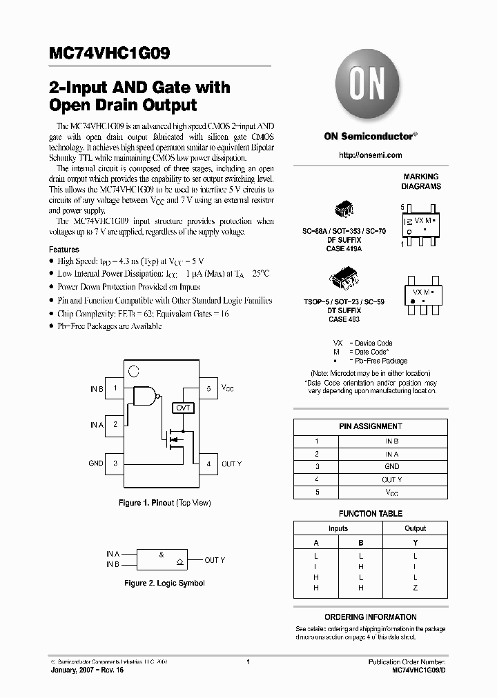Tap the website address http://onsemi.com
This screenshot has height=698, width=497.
coord(371,156)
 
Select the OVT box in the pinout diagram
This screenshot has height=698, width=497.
coord(184,408)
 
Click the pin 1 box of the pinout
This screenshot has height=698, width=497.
coord(115,389)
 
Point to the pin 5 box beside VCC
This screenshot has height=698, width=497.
coord(208,389)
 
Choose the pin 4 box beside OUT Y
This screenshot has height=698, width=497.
coord(208,463)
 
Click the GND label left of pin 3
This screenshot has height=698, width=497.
coord(95,463)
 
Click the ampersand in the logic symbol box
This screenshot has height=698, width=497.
coord(162,554)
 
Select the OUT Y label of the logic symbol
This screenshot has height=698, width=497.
coord(215,560)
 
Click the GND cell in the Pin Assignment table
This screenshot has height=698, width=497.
coord(391,466)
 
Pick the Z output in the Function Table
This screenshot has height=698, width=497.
coord(415,588)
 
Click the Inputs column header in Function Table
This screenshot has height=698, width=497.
coord(338,528)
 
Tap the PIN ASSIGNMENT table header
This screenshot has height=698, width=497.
coord(370,426)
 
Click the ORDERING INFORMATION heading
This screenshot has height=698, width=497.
coord(370,617)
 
